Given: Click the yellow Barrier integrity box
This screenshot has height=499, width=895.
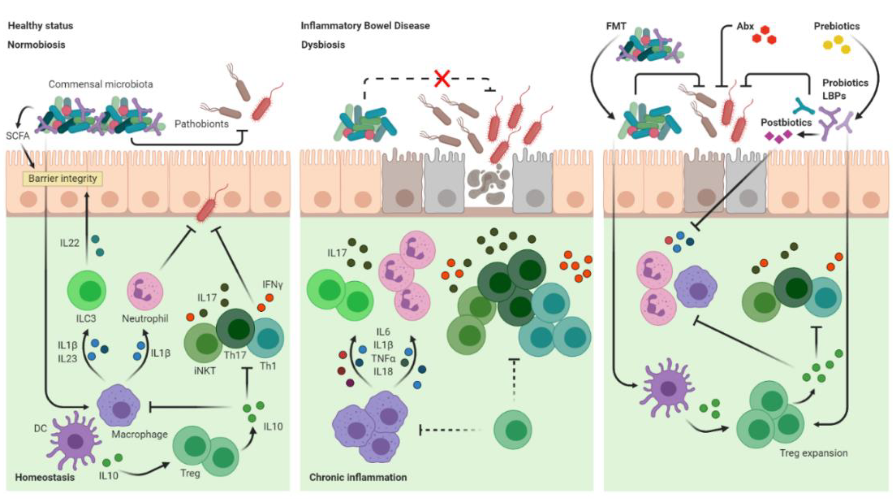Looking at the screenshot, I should (x=63, y=179).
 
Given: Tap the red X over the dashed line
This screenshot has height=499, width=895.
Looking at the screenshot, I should (x=442, y=78).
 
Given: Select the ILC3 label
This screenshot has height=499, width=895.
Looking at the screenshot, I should (x=86, y=318).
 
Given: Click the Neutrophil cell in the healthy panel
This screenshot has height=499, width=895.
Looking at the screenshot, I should (x=145, y=291).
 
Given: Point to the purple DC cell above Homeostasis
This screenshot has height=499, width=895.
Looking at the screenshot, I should (x=75, y=441).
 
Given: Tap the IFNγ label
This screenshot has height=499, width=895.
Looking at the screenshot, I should (x=272, y=285).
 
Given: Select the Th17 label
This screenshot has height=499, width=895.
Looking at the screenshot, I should (x=235, y=355).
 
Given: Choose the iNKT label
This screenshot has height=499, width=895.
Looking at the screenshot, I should (x=205, y=371).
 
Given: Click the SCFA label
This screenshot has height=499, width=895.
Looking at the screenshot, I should (x=18, y=136).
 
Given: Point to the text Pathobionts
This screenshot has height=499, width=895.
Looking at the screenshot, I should (x=202, y=124).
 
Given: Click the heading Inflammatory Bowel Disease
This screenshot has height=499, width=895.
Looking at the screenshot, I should (x=365, y=26).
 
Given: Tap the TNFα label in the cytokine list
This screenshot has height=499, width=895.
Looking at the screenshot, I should (x=383, y=358).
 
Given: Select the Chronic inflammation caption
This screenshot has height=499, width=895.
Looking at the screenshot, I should (x=358, y=477).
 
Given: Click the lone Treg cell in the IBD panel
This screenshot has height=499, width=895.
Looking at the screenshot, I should (x=512, y=430).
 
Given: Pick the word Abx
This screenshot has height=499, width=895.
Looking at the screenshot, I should (x=745, y=26).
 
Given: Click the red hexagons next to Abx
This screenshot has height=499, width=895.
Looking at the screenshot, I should (x=764, y=35).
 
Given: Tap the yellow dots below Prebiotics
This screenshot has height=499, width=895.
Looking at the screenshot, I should (x=837, y=45).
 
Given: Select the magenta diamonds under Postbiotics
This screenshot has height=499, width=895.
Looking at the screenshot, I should (x=779, y=136).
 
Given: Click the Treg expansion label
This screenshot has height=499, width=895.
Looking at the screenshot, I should (x=813, y=453).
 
